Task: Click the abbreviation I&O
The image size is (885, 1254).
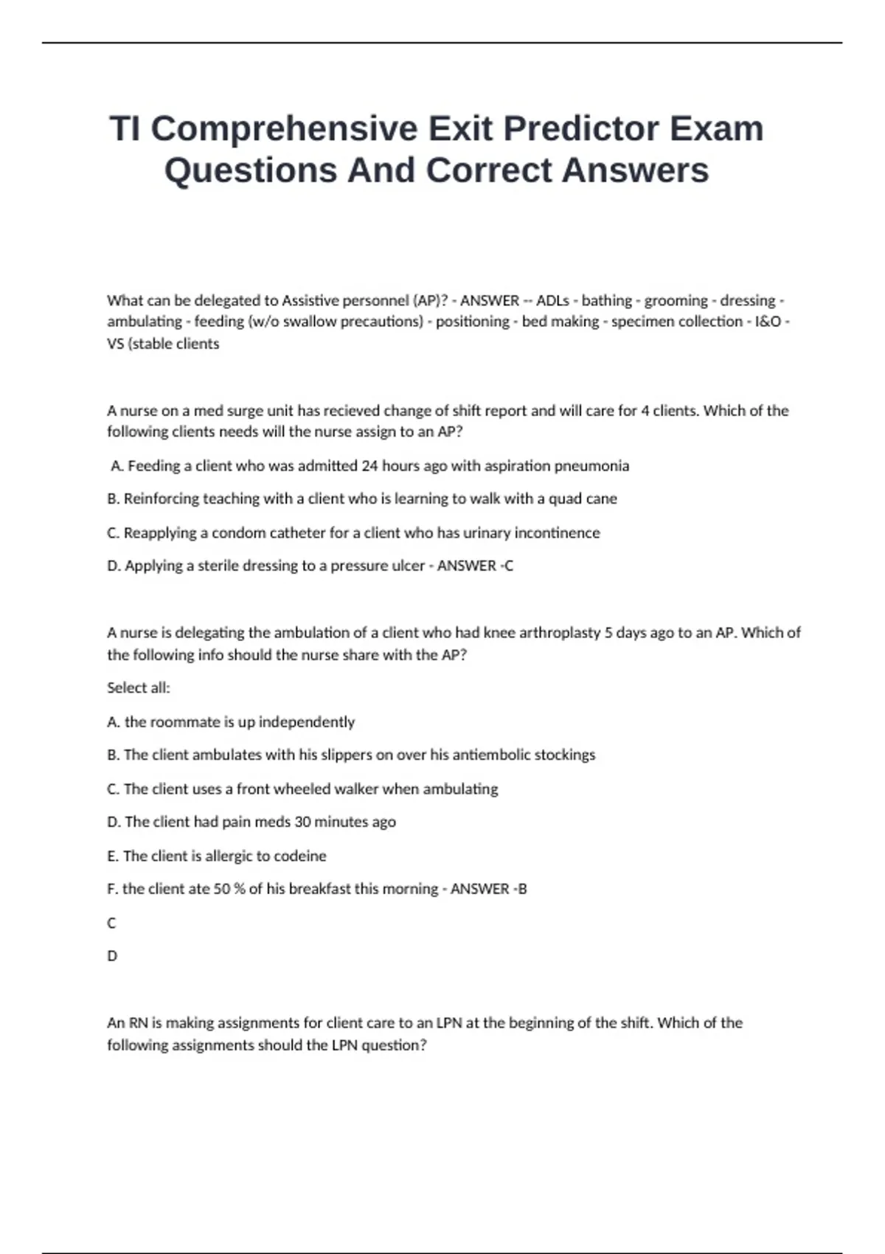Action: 766,322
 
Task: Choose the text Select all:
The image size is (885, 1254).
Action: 139,687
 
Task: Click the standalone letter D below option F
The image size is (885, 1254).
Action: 112,956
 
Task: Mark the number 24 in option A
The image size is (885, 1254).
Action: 369,466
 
